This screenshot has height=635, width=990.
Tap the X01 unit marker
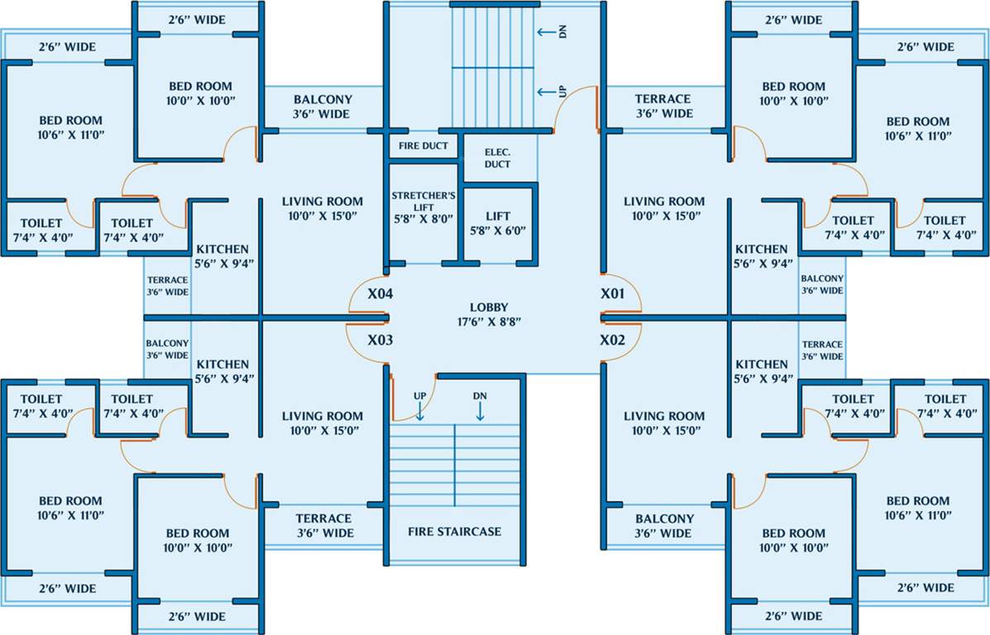click(x=614, y=294)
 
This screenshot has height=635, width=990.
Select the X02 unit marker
click(x=614, y=340)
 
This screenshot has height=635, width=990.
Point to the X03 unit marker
click(x=380, y=340)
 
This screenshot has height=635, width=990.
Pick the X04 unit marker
click(x=380, y=294)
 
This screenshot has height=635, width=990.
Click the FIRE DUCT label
click(x=423, y=146)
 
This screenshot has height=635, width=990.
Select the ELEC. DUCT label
click(x=498, y=158)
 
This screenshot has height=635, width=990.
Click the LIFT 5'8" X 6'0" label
click(x=498, y=223)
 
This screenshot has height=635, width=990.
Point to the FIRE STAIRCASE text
click(x=455, y=532)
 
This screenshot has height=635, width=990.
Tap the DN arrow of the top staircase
click(x=547, y=32)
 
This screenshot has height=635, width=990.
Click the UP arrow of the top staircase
click(x=547, y=92)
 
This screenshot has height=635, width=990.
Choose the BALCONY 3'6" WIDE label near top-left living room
click(x=323, y=107)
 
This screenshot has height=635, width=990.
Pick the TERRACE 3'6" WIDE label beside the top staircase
click(x=663, y=106)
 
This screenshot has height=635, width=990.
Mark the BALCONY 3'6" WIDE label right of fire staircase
click(x=665, y=526)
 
